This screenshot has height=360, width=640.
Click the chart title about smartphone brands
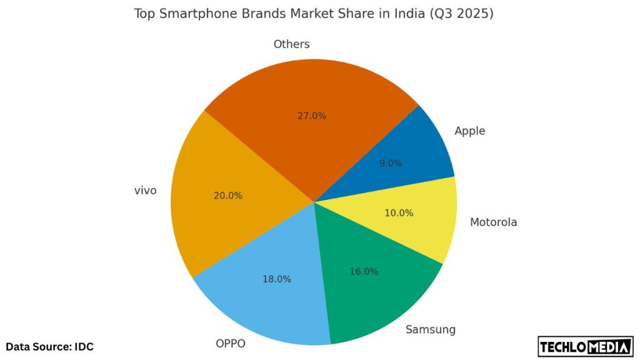tap(314, 14)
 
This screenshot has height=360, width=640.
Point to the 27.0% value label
tap(312, 116)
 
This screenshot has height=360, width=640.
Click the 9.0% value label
tap(391, 163)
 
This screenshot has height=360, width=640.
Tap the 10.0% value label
tap(399, 213)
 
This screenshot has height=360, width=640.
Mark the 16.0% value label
tap(364, 272)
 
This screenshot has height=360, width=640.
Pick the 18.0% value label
tap(276, 279)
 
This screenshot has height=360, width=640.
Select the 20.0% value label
tap(227, 196)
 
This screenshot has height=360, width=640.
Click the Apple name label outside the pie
tap(470, 131)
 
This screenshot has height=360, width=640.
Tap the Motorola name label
tap(493, 222)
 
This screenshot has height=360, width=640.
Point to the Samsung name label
tap(430, 329)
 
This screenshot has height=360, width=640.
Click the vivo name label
tap(145, 191)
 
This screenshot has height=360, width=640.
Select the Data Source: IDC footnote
tap(50, 346)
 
